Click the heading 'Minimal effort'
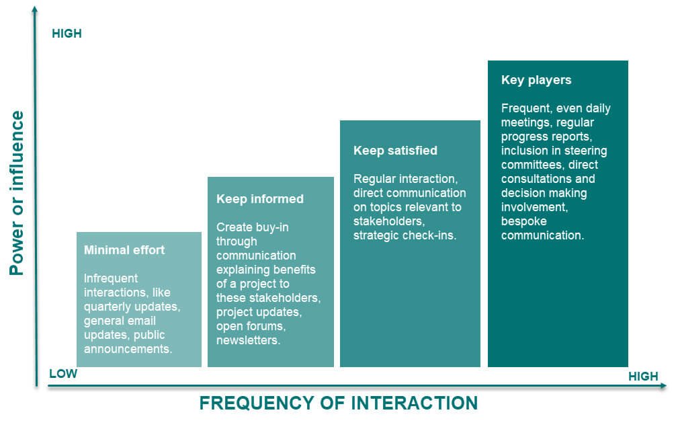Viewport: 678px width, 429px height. [124, 250]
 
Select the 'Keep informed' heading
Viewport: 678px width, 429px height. [259, 199]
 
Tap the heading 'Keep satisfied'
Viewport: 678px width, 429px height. [395, 151]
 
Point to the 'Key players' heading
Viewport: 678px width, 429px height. [536, 80]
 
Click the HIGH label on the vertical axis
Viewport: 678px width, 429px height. [67, 34]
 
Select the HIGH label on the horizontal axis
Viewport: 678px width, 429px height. [643, 377]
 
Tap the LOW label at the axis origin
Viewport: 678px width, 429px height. [63, 374]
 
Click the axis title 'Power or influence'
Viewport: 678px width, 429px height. [17, 194]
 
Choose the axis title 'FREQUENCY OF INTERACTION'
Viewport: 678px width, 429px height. [338, 403]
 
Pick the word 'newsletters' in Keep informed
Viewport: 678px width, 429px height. [247, 341]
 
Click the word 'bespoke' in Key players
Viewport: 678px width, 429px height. [524, 221]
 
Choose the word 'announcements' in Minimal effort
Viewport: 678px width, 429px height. [127, 349]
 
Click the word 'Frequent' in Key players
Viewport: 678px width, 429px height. [524, 108]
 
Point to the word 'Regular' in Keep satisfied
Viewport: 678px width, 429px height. [374, 179]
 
